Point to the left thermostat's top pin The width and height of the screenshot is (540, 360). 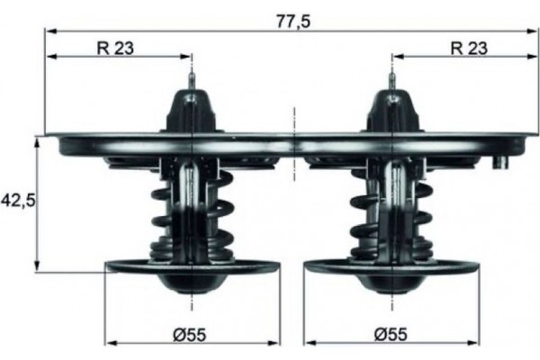pyautogui.click(x=192, y=82)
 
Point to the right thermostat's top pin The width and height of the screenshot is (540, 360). pyautogui.click(x=392, y=82)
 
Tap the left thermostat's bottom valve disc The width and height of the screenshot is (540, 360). pyautogui.click(x=135, y=266)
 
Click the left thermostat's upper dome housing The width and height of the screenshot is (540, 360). pyautogui.click(x=192, y=112)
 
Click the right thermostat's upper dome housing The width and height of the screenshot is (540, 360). pyautogui.click(x=392, y=112)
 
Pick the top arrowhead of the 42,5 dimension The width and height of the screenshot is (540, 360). pyautogui.click(x=37, y=142)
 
